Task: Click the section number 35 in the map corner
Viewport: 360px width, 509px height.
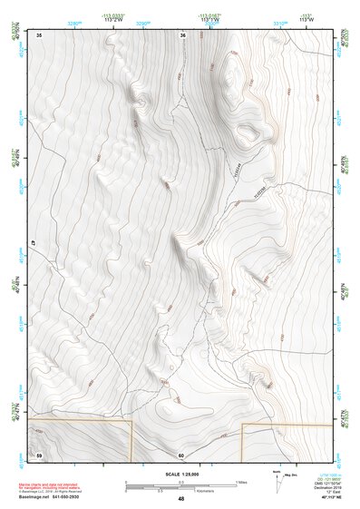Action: tap(39, 34)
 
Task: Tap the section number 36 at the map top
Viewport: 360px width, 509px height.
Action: tap(182, 35)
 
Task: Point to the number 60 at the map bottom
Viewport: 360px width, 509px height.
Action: tap(181, 455)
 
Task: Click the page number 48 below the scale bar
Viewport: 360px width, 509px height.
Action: tap(180, 499)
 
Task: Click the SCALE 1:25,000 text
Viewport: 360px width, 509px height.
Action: tap(180, 474)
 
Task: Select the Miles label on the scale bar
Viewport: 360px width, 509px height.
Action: tap(241, 481)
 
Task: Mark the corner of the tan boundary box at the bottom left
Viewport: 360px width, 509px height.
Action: tap(131, 421)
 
